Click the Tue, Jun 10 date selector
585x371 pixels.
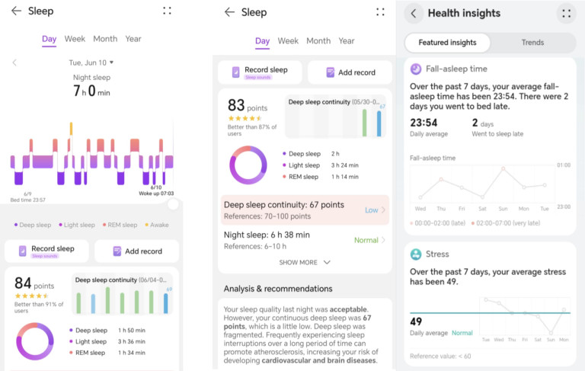tap(91, 62)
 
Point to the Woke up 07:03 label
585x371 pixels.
tap(156, 193)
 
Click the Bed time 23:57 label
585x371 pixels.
tap(28, 200)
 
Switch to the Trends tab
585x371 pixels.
tap(532, 43)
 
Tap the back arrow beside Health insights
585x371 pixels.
tap(414, 13)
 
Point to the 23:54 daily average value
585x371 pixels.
tap(424, 123)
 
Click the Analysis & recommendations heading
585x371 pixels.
tap(278, 289)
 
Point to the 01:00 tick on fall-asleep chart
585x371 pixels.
tap(564, 165)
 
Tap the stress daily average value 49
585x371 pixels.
tap(417, 321)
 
